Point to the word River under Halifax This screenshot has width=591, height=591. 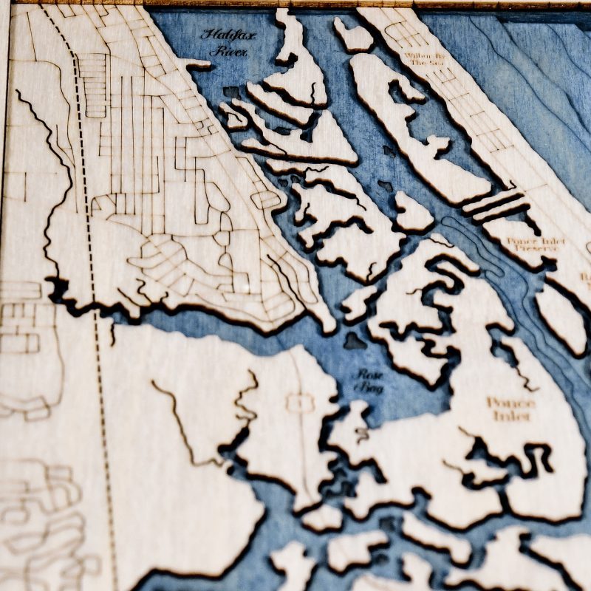228,52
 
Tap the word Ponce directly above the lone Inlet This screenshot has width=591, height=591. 510,402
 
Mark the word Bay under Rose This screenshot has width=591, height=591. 371,387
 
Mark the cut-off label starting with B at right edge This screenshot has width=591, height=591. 586,278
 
